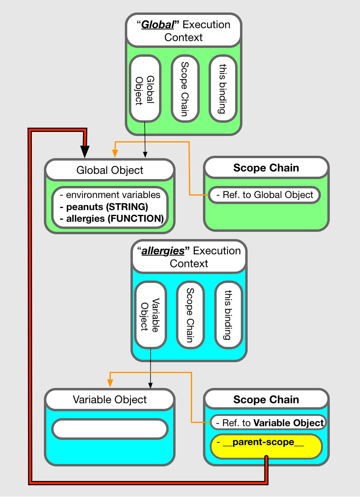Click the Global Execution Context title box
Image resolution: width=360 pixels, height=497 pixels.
point(184,31)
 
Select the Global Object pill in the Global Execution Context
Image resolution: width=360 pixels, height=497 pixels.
point(145,89)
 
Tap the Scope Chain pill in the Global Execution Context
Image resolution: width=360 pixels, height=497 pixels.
point(185,89)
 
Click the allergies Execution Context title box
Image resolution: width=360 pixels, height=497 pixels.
point(189,257)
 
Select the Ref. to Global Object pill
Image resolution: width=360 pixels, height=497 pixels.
point(265,195)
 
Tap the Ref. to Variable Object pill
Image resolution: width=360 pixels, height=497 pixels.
point(268,423)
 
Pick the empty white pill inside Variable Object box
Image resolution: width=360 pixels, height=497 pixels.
point(110,429)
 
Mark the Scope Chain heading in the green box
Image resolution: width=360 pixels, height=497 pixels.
point(266,168)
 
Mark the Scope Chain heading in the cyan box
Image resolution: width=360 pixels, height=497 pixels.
point(266,400)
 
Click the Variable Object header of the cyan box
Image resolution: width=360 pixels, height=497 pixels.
point(110,400)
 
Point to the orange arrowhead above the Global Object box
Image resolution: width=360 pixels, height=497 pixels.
point(115,153)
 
